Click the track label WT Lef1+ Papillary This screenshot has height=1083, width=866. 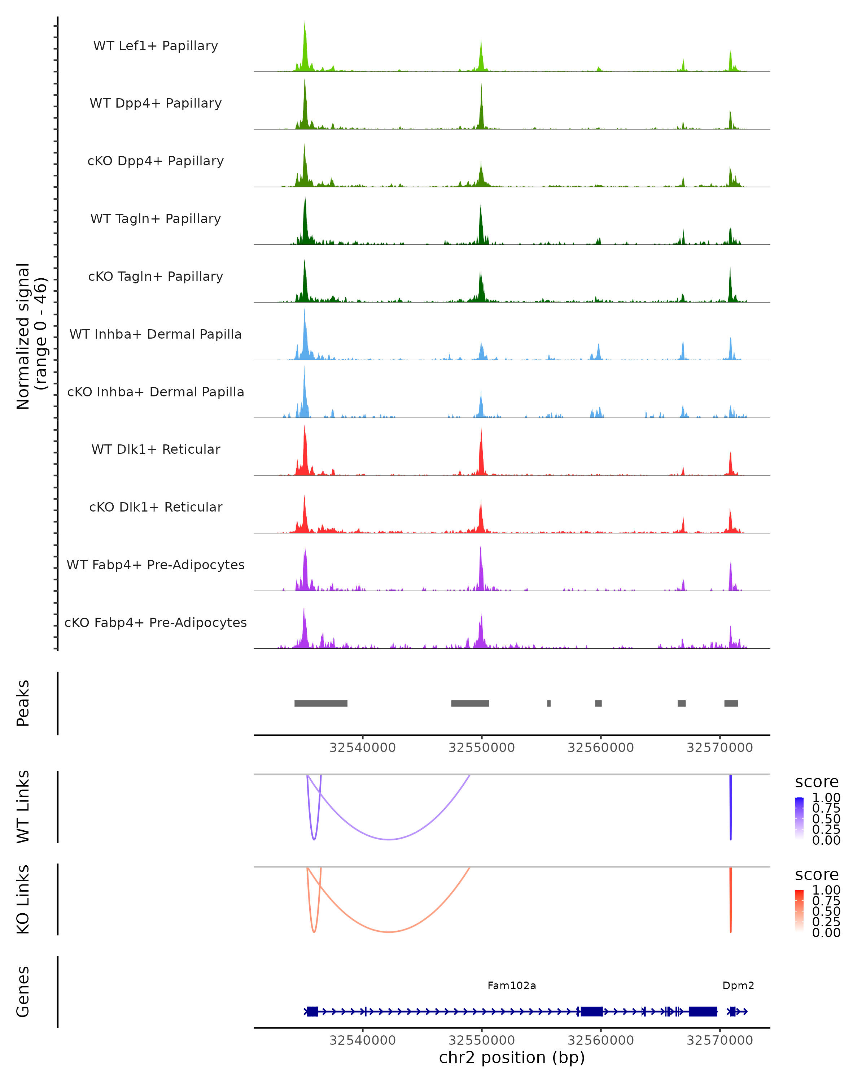(156, 46)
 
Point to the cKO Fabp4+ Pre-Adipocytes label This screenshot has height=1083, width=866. (156, 622)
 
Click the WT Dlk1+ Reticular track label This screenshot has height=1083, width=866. (156, 449)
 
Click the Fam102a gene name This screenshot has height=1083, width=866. (512, 985)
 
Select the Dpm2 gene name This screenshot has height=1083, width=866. (738, 985)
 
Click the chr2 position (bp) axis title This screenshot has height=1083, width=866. (512, 1057)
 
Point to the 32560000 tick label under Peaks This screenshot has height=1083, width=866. (600, 748)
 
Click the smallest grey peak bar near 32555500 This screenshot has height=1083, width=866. (549, 703)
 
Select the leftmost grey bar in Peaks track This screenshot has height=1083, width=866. (321, 703)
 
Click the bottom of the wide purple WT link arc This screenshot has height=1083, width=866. (389, 839)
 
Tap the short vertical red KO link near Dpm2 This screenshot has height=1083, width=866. (730, 899)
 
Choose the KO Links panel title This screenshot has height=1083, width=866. (23, 899)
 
